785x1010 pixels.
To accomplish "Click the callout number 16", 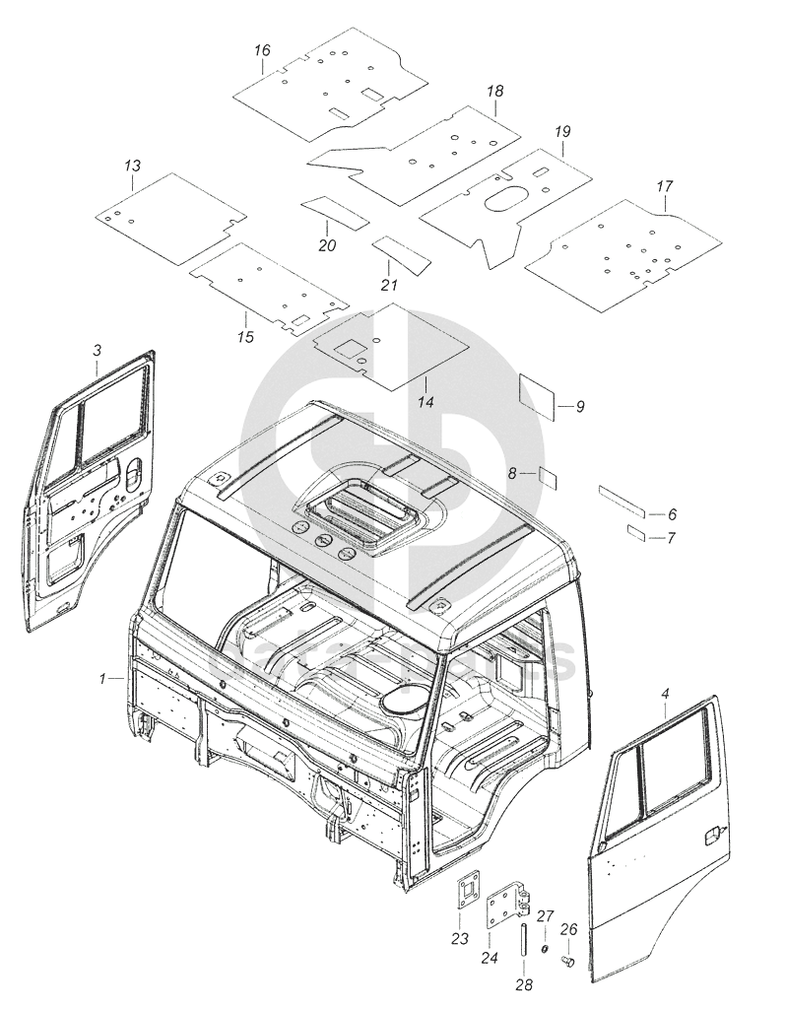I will [260, 50].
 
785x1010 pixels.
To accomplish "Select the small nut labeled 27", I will [545, 947].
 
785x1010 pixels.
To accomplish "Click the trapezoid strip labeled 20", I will [333, 211].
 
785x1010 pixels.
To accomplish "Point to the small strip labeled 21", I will [401, 253].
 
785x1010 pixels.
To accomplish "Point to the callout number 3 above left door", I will [97, 350].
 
